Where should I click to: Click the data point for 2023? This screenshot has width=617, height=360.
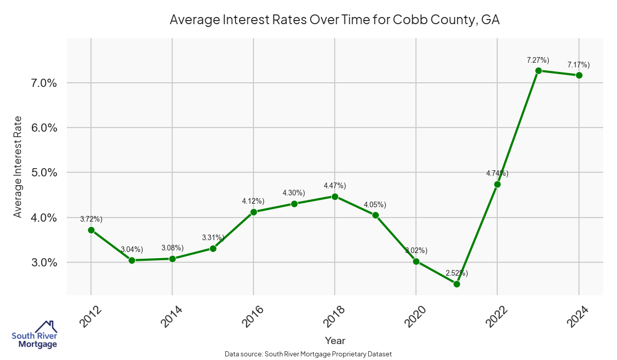pos(538,70)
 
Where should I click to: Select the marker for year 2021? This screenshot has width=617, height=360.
pos(457,284)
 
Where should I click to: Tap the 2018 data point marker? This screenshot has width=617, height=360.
pos(335,196)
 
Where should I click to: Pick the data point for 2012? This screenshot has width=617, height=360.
pos(91,230)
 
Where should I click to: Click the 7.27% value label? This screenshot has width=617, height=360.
pos(538,60)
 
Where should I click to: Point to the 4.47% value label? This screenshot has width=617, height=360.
pos(335,186)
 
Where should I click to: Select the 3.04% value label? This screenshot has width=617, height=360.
pos(132,249)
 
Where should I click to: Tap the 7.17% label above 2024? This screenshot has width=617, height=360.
pos(578,65)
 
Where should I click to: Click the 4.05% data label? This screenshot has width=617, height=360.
pos(375,205)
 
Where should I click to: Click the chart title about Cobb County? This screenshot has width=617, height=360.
pos(335,20)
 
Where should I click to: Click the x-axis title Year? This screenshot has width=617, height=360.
pos(335,340)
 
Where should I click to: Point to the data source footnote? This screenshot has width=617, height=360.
pos(308,354)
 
